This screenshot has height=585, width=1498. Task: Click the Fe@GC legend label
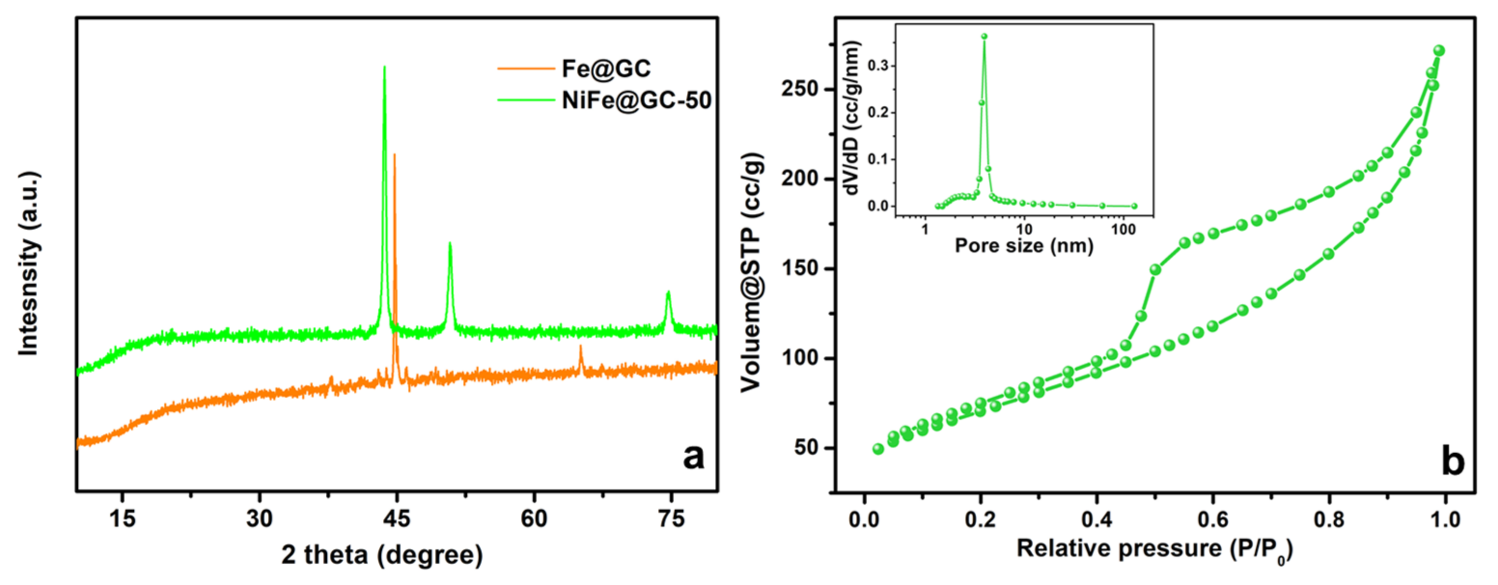pos(605,69)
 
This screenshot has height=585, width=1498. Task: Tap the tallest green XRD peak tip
pos(384,68)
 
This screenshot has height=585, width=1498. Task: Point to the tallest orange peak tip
pos(395,154)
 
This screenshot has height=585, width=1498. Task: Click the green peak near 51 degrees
pos(449,244)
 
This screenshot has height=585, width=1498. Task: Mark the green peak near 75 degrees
pos(668,292)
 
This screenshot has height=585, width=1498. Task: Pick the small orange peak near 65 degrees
pos(581,347)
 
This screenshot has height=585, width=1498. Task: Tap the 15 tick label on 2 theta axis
pos(122,518)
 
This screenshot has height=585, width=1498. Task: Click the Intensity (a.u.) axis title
pos(28,263)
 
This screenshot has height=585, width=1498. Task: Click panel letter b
pos(1453,462)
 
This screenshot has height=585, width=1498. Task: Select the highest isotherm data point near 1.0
pos(1439,51)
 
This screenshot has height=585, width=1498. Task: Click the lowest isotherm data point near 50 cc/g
pos(878,449)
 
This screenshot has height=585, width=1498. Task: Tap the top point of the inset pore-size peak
pos(984,36)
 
